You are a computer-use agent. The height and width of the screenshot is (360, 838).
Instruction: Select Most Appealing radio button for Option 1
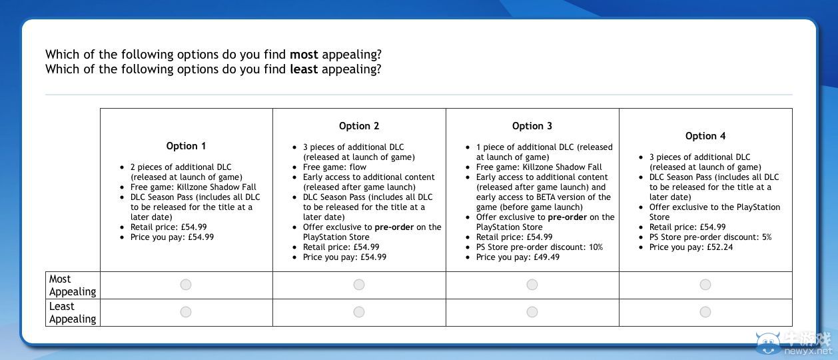click(x=186, y=285)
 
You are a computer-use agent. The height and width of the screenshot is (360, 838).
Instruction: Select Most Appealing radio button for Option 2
click(x=359, y=285)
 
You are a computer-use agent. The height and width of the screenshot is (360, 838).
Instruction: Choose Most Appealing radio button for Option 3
click(x=532, y=285)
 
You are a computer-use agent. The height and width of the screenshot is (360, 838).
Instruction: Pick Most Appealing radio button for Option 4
click(x=705, y=285)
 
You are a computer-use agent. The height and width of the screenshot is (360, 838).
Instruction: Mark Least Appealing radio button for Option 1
click(x=186, y=312)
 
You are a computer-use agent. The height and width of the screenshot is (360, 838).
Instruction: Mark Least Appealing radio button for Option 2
click(x=359, y=312)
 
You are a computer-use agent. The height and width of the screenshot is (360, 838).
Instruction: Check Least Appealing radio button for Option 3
click(x=532, y=312)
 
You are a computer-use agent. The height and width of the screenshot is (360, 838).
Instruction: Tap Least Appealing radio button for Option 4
click(x=705, y=312)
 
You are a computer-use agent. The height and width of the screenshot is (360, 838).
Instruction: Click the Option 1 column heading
click(x=186, y=146)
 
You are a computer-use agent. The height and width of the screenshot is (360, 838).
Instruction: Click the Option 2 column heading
click(x=359, y=126)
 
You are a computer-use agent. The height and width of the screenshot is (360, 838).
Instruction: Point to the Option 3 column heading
click(x=532, y=126)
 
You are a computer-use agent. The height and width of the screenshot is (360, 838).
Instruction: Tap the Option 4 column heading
click(x=705, y=136)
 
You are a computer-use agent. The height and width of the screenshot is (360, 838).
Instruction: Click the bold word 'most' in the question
click(x=304, y=55)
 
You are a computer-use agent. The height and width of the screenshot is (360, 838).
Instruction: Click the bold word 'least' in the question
click(x=304, y=69)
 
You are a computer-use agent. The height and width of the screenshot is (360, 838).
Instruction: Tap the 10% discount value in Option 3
click(x=596, y=247)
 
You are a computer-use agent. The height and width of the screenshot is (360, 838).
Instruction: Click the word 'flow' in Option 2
click(x=358, y=167)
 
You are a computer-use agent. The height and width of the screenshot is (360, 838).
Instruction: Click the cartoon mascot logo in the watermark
click(x=768, y=343)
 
